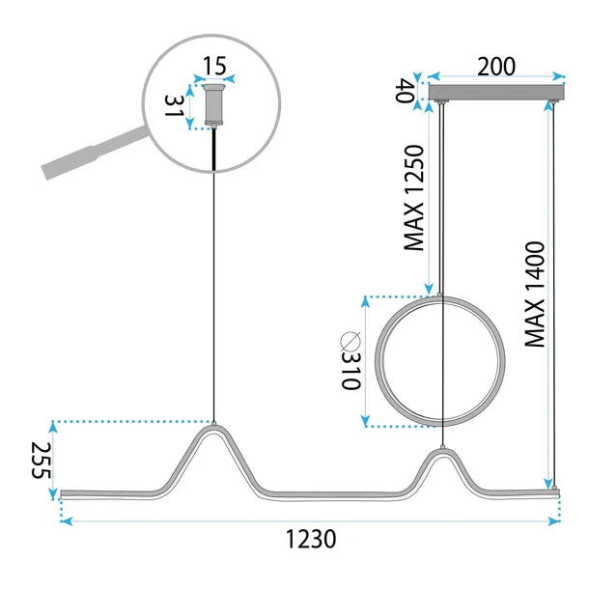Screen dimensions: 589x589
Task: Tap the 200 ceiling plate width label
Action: tap(495, 67)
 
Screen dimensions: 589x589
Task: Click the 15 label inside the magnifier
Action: tap(213, 69)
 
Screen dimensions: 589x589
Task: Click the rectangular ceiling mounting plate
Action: tap(495, 94)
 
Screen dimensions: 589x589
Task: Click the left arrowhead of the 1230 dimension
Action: tap(65, 522)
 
